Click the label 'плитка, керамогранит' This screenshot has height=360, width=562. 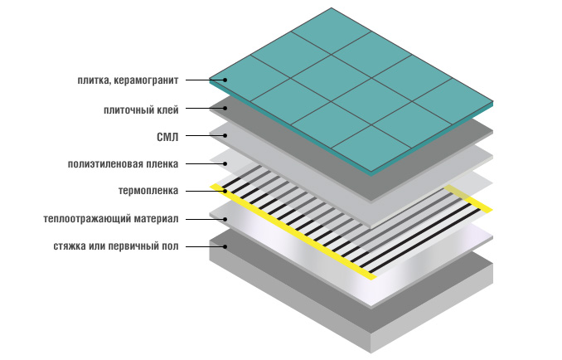pos(125,80)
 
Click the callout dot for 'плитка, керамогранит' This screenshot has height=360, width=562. pos(222,80)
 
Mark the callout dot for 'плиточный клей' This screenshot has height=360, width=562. pos(222,109)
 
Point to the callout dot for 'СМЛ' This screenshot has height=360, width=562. pos(222,136)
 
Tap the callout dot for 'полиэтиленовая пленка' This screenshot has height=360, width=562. pos(222,163)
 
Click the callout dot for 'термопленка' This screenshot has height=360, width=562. pos(222,191)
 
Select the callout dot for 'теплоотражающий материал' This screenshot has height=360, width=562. pos(222,219)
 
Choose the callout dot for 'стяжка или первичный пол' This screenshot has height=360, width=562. pos(222,246)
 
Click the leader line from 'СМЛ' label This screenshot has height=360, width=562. pos(203,136)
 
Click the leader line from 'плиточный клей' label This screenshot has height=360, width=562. pos(203,109)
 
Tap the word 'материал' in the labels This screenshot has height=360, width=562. pos(158,219)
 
